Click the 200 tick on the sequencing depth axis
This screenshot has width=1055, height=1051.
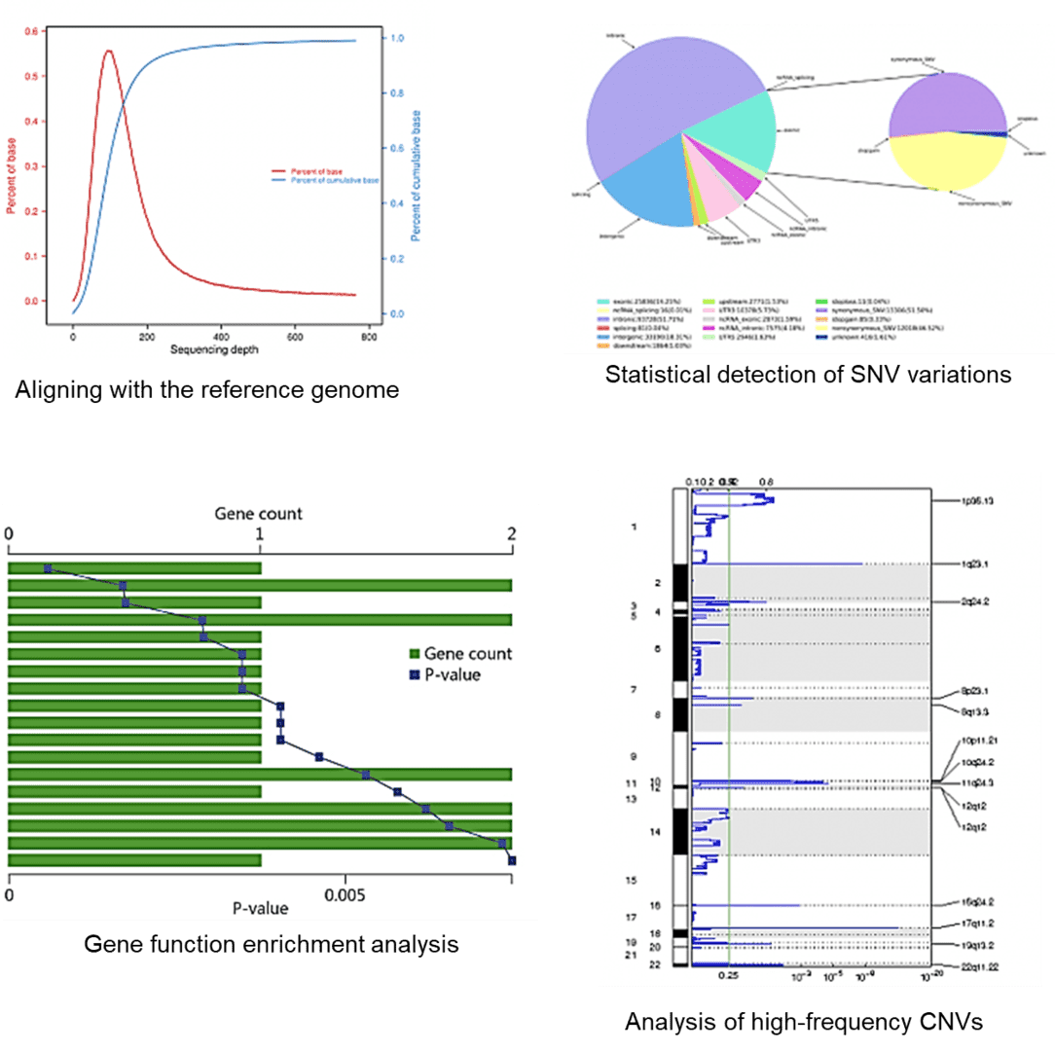147,335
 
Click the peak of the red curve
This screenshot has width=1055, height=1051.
108,51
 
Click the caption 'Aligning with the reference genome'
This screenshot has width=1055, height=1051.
206,391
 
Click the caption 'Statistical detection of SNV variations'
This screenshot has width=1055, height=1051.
808,375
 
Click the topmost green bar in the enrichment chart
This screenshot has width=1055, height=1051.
134,568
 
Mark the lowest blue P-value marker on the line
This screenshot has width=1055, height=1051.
512,860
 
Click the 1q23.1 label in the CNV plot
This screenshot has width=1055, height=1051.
974,563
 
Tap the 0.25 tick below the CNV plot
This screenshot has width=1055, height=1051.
728,974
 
